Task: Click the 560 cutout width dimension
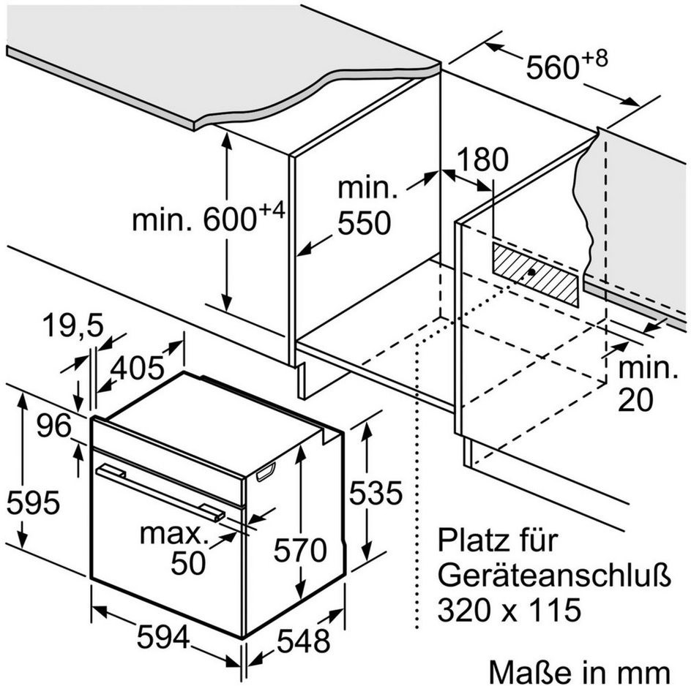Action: pyautogui.click(x=567, y=65)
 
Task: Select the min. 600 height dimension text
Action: pyautogui.click(x=209, y=216)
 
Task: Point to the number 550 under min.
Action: pyautogui.click(x=364, y=223)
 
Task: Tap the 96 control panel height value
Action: pyautogui.click(x=53, y=426)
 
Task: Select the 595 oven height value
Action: pyautogui.click(x=33, y=502)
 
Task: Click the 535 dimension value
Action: pyautogui.click(x=376, y=493)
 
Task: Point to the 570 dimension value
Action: pyautogui.click(x=300, y=550)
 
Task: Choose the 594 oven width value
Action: pyautogui.click(x=163, y=637)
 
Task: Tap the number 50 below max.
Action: pyautogui.click(x=188, y=562)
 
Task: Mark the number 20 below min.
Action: pyautogui.click(x=635, y=400)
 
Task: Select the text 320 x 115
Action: pyautogui.click(x=509, y=610)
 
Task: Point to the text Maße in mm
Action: pyautogui.click(x=580, y=672)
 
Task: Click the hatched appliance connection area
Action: pyautogui.click(x=535, y=274)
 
